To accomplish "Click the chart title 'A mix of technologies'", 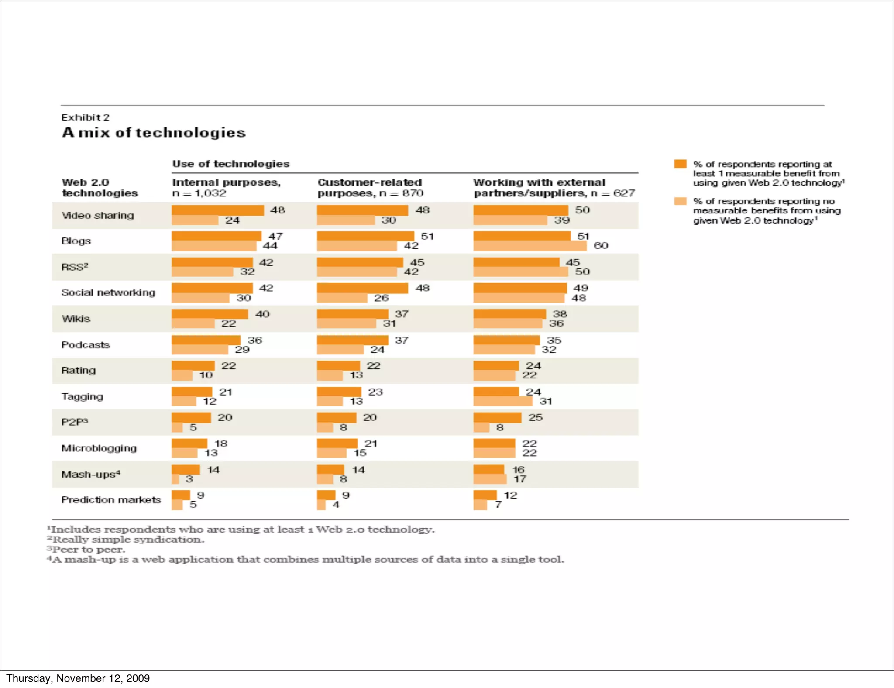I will point(154,132).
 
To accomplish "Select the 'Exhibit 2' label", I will point(85,117).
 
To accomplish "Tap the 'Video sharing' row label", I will point(97,215).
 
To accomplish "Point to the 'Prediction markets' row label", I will point(111,500).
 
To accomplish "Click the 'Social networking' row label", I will point(108,292).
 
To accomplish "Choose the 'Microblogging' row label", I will point(99,448).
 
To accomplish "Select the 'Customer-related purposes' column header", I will point(370,187).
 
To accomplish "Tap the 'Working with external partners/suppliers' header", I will point(554,187).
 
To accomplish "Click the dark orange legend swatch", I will point(680,164).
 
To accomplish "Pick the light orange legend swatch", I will point(680,201).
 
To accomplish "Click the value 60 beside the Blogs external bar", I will point(601,246).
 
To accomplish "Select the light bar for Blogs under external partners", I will point(530,246).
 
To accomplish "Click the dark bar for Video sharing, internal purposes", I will point(217,210).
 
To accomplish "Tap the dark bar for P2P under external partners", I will point(497,417).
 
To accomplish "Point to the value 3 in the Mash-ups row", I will point(189,479).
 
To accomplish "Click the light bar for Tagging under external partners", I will point(502,401).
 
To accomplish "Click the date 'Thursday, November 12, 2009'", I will point(78,678).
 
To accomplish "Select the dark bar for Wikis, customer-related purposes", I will point(352,314).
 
